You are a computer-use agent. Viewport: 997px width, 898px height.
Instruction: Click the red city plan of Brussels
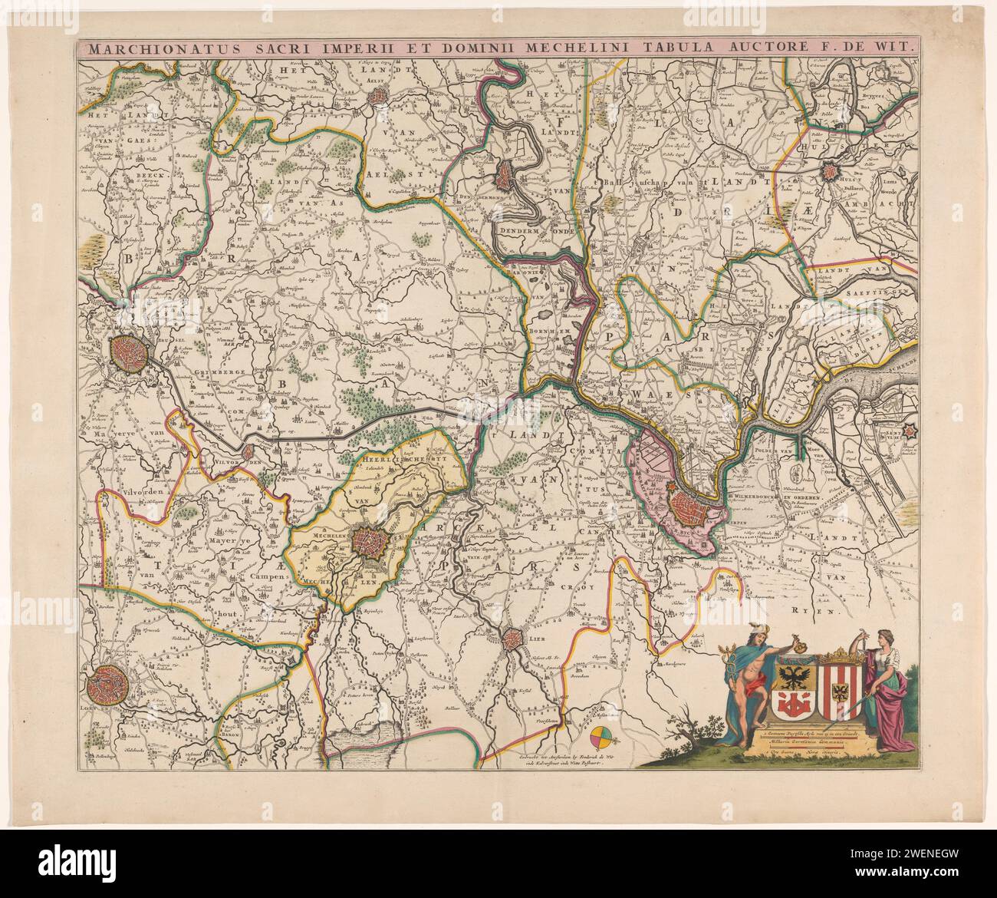[x=129, y=352]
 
